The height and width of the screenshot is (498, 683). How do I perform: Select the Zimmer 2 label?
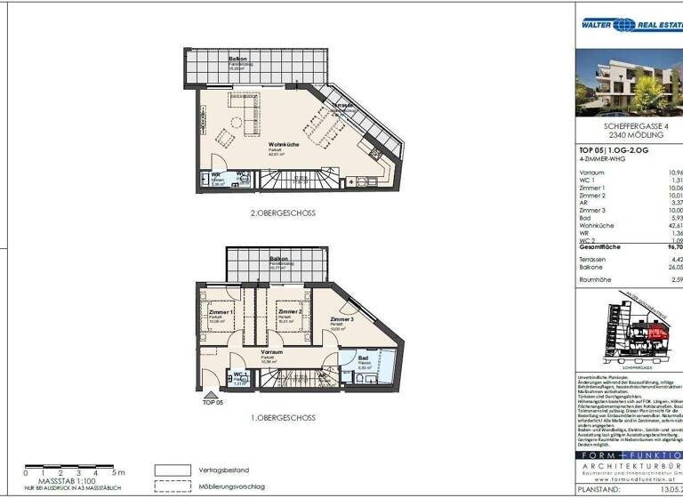click(x=288, y=313)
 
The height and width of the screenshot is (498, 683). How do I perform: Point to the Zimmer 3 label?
click(x=341, y=318)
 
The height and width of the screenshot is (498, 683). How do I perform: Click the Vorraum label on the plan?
click(x=270, y=352)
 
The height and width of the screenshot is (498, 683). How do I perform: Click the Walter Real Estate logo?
click(x=626, y=26)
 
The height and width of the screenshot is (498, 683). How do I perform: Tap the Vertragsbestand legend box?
click(x=173, y=470)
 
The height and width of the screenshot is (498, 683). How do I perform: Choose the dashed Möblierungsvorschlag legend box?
click(x=173, y=486)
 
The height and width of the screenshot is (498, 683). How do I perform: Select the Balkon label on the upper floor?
click(x=237, y=59)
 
